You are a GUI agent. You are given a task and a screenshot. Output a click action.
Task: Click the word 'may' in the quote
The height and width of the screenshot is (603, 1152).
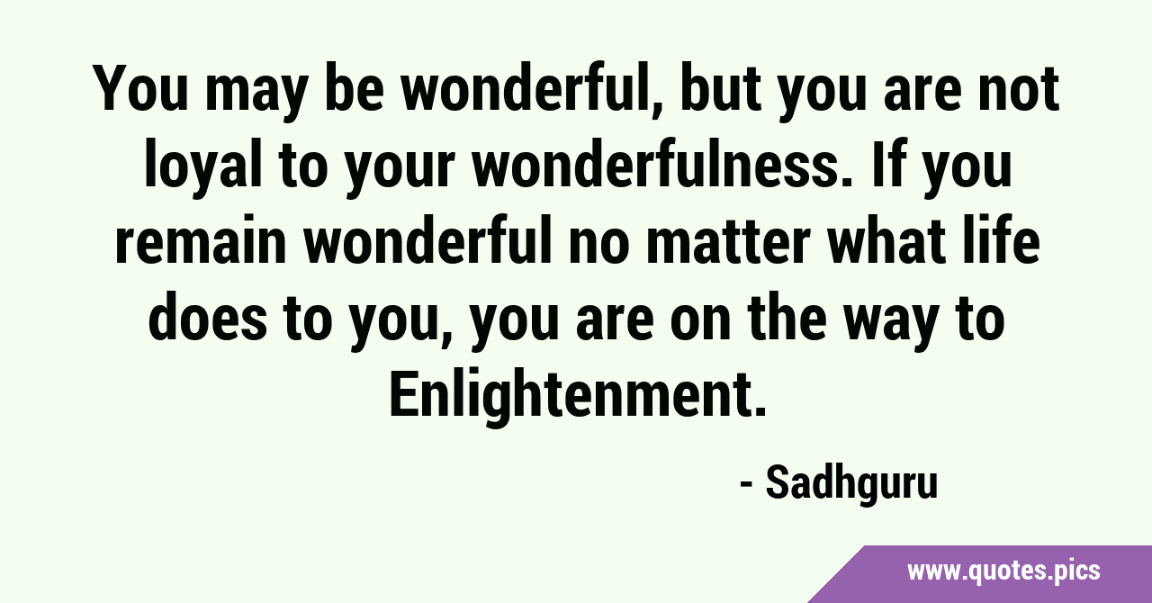(x=256, y=93)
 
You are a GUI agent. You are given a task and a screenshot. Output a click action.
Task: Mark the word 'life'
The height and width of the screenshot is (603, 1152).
(x=1001, y=240)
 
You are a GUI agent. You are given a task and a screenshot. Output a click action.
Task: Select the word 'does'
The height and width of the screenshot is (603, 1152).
(x=208, y=318)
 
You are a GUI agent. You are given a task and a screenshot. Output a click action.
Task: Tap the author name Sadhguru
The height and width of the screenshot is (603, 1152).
(x=851, y=483)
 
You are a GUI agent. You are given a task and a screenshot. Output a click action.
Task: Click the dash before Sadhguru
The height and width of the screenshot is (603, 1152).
(x=747, y=485)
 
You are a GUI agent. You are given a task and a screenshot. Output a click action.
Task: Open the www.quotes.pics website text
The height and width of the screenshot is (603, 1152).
(x=1003, y=571)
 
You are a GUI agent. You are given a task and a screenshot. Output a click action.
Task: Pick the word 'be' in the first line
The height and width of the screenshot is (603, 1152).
(x=355, y=86)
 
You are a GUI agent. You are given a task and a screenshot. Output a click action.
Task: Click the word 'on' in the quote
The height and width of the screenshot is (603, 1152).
(x=700, y=324)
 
